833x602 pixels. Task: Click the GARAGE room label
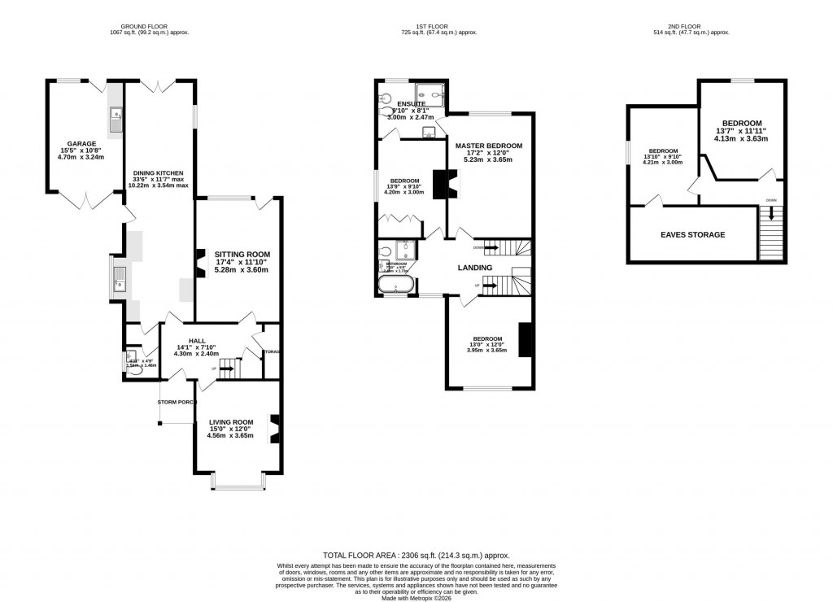click(x=82, y=143)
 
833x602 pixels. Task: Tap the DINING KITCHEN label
click(x=159, y=173)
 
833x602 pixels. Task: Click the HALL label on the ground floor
click(x=197, y=341)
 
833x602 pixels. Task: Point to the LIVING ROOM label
click(x=231, y=421)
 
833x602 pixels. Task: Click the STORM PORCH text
click(x=177, y=402)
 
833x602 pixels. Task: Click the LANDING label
click(x=475, y=267)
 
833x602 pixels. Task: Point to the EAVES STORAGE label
click(x=692, y=235)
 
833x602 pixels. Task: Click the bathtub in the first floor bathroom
click(x=396, y=285)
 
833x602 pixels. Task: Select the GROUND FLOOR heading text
click(x=138, y=27)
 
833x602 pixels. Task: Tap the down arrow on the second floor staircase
click(x=771, y=214)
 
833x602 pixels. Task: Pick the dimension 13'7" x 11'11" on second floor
click(x=741, y=130)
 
